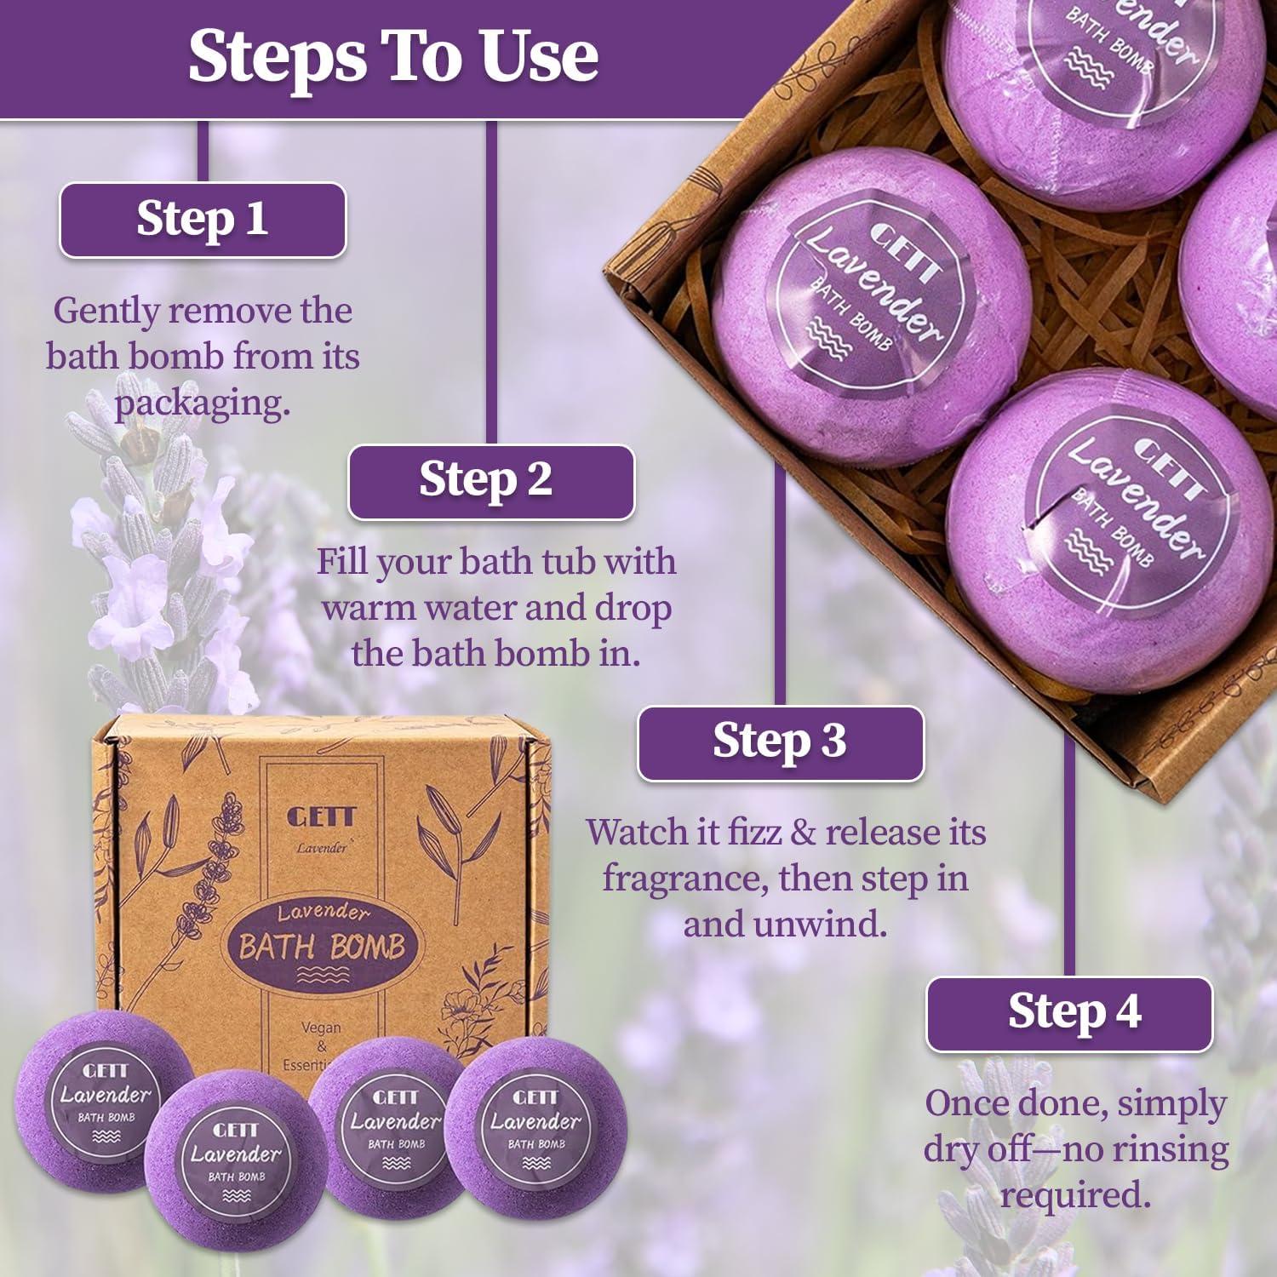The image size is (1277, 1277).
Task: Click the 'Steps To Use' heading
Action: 392,56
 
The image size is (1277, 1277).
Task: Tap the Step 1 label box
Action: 203,220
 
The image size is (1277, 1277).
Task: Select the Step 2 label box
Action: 491,481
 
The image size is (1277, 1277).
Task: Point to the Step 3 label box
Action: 780,742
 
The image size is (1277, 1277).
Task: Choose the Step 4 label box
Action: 1069,1013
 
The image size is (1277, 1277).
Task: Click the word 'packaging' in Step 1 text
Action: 203,403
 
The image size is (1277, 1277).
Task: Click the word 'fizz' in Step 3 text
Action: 753,832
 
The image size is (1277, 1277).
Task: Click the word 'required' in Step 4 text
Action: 1071,1194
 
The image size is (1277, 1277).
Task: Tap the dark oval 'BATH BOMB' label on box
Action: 321,945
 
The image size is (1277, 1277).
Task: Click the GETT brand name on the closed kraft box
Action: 320,817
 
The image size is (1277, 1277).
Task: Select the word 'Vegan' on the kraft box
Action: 321,1028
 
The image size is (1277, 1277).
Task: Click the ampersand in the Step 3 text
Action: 803,833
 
